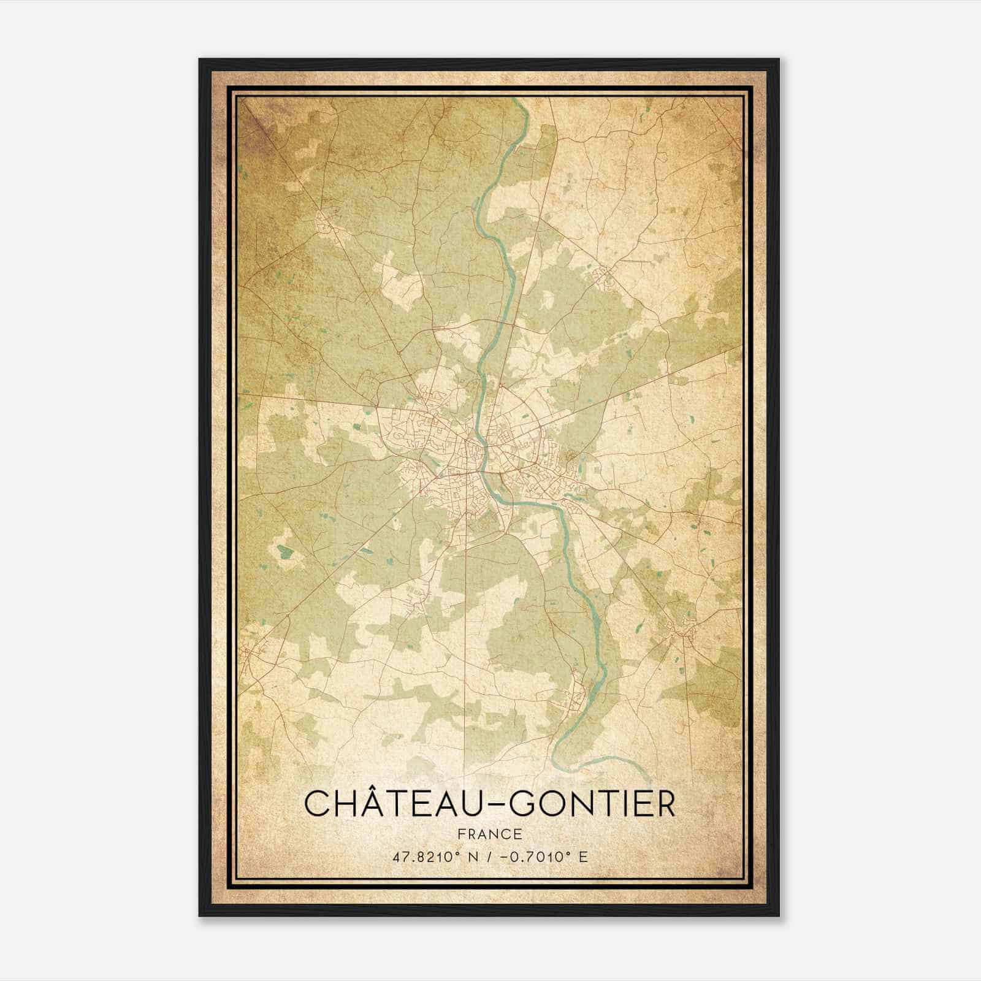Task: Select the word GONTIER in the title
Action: [x=592, y=803]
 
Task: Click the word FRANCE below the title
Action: [x=490, y=834]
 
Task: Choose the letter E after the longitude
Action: [x=583, y=857]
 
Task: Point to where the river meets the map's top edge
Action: [x=518, y=99]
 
